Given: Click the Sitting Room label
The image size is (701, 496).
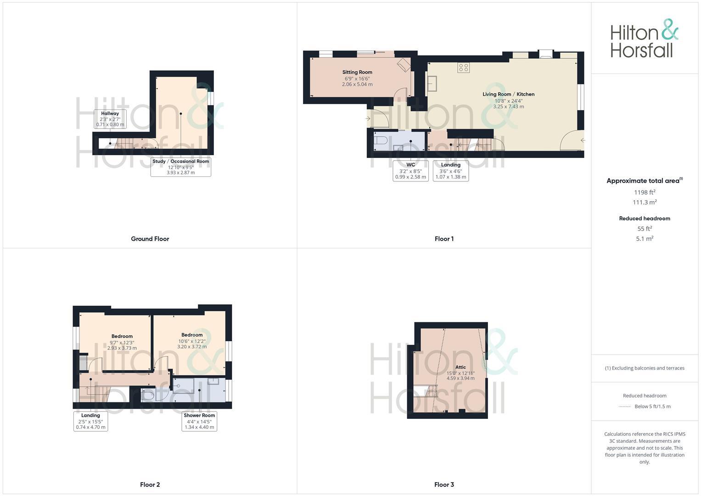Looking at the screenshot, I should (357, 78).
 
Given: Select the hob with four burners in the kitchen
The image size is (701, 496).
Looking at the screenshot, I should (463, 68).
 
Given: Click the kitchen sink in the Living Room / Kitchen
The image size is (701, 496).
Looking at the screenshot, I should (432, 84).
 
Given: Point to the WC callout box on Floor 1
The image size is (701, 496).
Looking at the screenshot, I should (410, 171).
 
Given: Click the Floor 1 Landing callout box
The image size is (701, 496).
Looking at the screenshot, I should (450, 171).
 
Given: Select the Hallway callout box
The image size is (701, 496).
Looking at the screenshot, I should (110, 119).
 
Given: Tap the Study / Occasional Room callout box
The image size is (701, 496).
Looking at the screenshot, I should (180, 167).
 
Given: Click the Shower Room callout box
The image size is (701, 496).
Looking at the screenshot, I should (199, 421).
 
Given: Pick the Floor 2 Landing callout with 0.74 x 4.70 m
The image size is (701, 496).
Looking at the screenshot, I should (90, 421).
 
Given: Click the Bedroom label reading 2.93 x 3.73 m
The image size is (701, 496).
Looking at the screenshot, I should (122, 342).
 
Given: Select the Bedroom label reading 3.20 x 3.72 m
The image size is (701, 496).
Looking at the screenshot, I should (192, 341).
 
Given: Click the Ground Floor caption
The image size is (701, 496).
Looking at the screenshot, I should (150, 239).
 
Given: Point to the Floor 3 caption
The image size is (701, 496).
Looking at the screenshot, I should (444, 485).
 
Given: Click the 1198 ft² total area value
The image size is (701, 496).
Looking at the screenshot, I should (645, 192).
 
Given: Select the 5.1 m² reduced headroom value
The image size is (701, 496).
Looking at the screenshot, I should (645, 239).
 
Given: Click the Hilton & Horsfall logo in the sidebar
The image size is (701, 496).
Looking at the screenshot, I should (644, 39).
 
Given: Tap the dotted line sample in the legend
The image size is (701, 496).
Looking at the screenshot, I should (625, 406).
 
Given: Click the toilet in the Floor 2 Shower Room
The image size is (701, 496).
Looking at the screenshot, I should (148, 395).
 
